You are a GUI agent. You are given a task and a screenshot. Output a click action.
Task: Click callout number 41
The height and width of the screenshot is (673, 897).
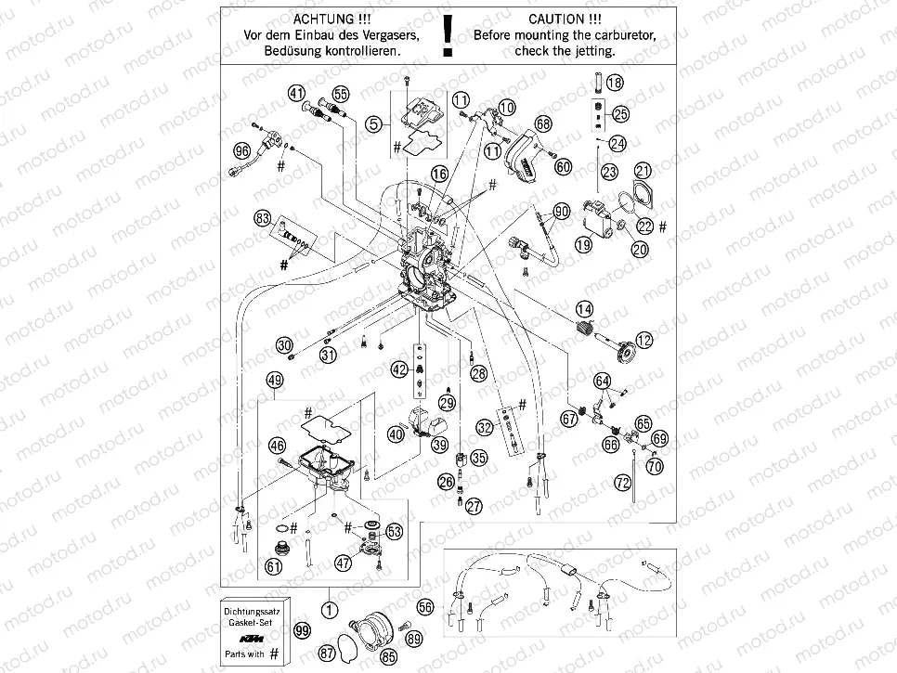[296, 93]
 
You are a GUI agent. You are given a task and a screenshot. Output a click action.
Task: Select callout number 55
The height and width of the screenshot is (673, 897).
[340, 94]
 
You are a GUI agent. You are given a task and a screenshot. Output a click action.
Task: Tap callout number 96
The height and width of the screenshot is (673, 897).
[242, 151]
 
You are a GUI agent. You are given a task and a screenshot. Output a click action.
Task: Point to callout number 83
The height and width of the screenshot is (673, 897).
[264, 219]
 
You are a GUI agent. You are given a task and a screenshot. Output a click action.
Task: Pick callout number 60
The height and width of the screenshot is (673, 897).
[564, 167]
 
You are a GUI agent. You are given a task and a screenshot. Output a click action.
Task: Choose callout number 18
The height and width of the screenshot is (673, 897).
[615, 84]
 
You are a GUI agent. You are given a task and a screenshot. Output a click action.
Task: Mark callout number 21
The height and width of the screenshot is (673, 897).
[643, 170]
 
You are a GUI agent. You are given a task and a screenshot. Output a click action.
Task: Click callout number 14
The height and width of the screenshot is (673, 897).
[583, 309]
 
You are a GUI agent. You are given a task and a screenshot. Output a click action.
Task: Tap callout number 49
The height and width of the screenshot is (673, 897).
[274, 380]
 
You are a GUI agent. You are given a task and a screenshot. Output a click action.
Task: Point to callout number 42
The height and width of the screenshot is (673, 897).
[399, 369]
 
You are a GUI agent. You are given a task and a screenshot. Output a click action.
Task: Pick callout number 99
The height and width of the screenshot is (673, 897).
[302, 630]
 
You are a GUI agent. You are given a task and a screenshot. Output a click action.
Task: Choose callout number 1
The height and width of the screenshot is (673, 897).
[327, 611]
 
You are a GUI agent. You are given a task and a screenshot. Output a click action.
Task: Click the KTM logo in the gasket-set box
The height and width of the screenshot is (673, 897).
[253, 640]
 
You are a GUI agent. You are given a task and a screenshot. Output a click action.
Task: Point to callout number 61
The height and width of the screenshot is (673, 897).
[273, 566]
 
